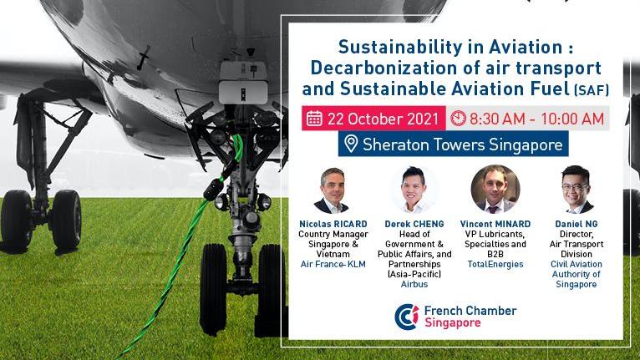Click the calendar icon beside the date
314,119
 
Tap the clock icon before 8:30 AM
458,118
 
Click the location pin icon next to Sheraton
351,144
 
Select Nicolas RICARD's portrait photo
333,190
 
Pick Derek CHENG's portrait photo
414,189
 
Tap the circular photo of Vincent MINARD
495,189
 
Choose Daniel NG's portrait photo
576,190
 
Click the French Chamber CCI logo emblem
407,317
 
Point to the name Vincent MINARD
495,224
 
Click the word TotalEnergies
495,264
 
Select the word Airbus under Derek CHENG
414,284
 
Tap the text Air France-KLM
333,264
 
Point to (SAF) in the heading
592,90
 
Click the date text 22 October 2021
383,119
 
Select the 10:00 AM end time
572,119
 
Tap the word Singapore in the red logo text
453,323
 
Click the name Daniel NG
576,224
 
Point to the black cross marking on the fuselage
143,57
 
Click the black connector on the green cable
213,190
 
